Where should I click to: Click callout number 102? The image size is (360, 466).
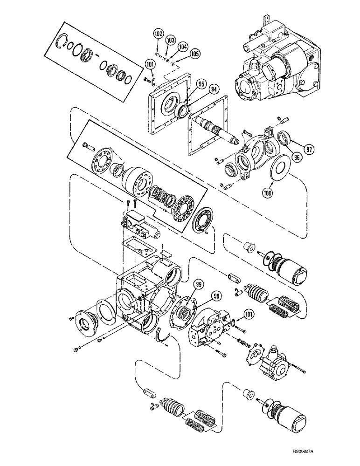pyautogui.click(x=158, y=34)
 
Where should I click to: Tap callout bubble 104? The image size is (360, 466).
pyautogui.click(x=182, y=48)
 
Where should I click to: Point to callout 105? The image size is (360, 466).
pyautogui.click(x=194, y=54)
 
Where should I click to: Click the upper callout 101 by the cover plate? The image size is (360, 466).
pyautogui.click(x=150, y=65)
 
